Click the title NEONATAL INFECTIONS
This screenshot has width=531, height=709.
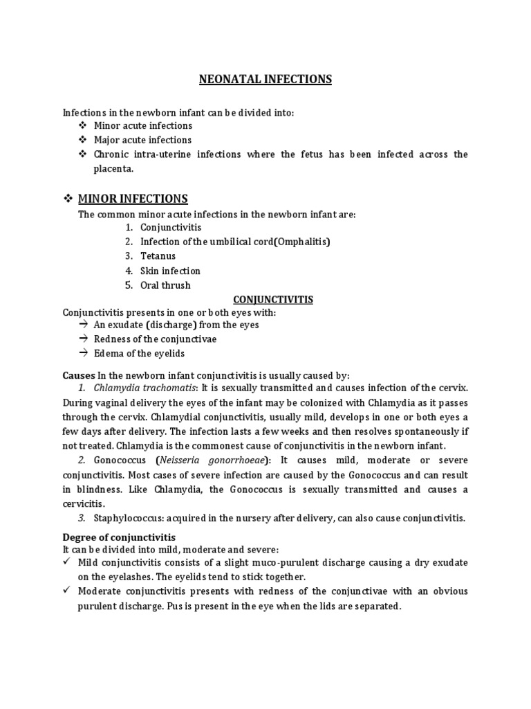265,79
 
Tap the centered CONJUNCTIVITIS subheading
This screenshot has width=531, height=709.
273,299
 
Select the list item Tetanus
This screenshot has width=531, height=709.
158,256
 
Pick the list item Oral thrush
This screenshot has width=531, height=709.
165,285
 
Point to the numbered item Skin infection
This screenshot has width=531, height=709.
170,271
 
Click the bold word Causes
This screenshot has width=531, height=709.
77,375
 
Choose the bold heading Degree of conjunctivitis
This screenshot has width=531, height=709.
119,537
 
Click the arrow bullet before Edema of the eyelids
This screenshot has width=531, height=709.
82,353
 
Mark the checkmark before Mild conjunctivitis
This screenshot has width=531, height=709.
67,562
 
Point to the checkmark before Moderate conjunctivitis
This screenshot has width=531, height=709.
67,591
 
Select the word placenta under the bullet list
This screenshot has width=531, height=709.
113,168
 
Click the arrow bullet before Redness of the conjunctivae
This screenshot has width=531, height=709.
82,339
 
